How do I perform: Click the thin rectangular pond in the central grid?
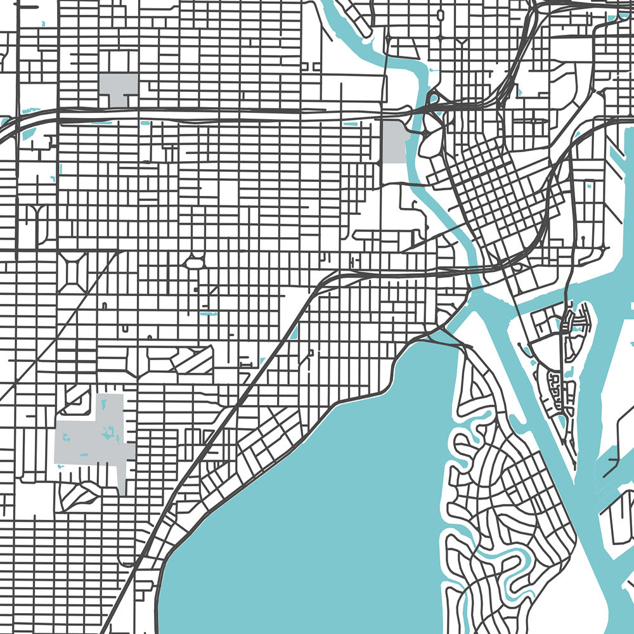[x=208, y=313]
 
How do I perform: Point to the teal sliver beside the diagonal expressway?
[x=294, y=331]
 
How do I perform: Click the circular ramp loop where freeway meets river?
[x=434, y=99]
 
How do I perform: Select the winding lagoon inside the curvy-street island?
[x=501, y=558]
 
